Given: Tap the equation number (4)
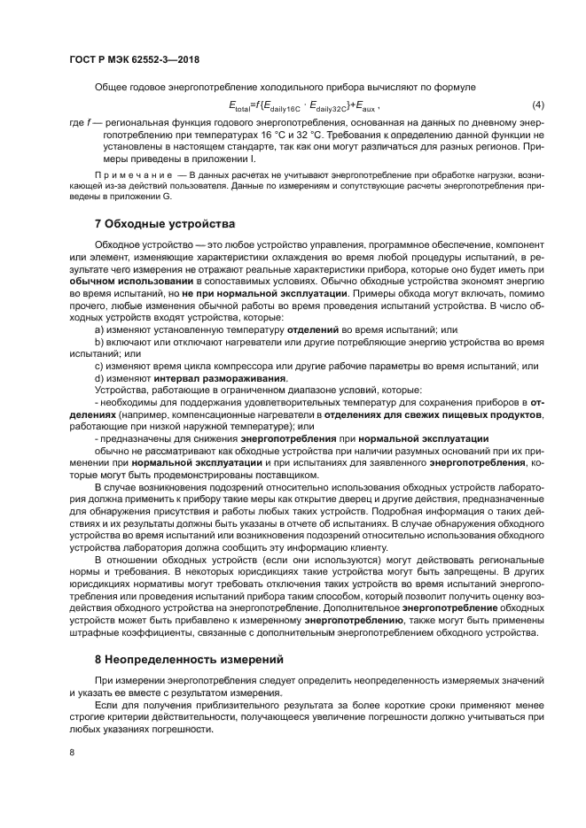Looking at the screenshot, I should pyautogui.click(x=537, y=104).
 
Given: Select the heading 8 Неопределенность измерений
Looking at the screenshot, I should pyautogui.click(x=189, y=660).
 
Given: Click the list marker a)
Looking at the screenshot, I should pyautogui.click(x=99, y=329).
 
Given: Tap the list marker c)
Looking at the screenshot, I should pyautogui.click(x=99, y=366).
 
